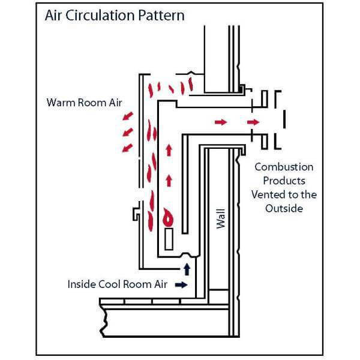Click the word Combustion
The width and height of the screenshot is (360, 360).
[x=284, y=167]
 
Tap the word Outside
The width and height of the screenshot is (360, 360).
[x=284, y=208]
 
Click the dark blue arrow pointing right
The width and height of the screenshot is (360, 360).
[x=179, y=285]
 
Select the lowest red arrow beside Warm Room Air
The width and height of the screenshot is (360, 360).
[x=126, y=146]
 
